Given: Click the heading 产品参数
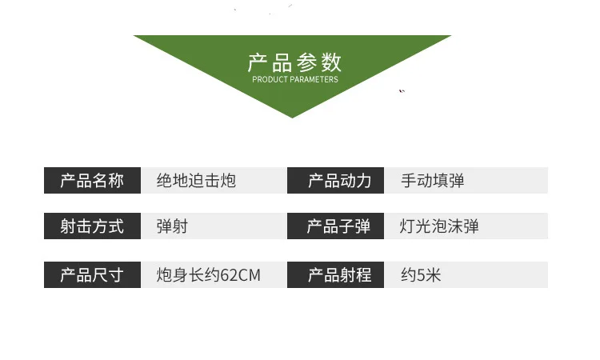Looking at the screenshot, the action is click(294, 62).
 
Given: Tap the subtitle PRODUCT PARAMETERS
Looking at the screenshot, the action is click(294, 79).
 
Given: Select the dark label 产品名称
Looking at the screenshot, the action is click(92, 181).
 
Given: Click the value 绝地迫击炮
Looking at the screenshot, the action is click(196, 181).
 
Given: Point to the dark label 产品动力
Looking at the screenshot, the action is click(339, 181).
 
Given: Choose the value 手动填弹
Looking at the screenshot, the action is click(432, 181).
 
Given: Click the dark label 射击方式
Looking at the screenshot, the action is click(92, 226).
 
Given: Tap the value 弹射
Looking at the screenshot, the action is click(172, 226).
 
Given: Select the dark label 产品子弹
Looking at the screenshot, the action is click(339, 226).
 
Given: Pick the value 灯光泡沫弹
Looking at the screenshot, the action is click(439, 226).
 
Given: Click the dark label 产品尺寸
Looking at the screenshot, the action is click(92, 275).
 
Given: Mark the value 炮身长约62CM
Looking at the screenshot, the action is click(208, 275).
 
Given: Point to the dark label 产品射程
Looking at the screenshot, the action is click(339, 275).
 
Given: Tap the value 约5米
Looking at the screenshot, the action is click(421, 275).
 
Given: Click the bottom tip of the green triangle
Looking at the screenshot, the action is click(292, 116).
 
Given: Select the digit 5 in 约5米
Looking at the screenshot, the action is click(421, 275).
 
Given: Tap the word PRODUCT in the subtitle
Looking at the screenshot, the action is click(270, 79).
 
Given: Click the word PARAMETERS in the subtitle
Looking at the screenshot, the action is click(314, 79).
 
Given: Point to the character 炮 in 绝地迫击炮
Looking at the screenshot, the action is click(228, 181).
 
